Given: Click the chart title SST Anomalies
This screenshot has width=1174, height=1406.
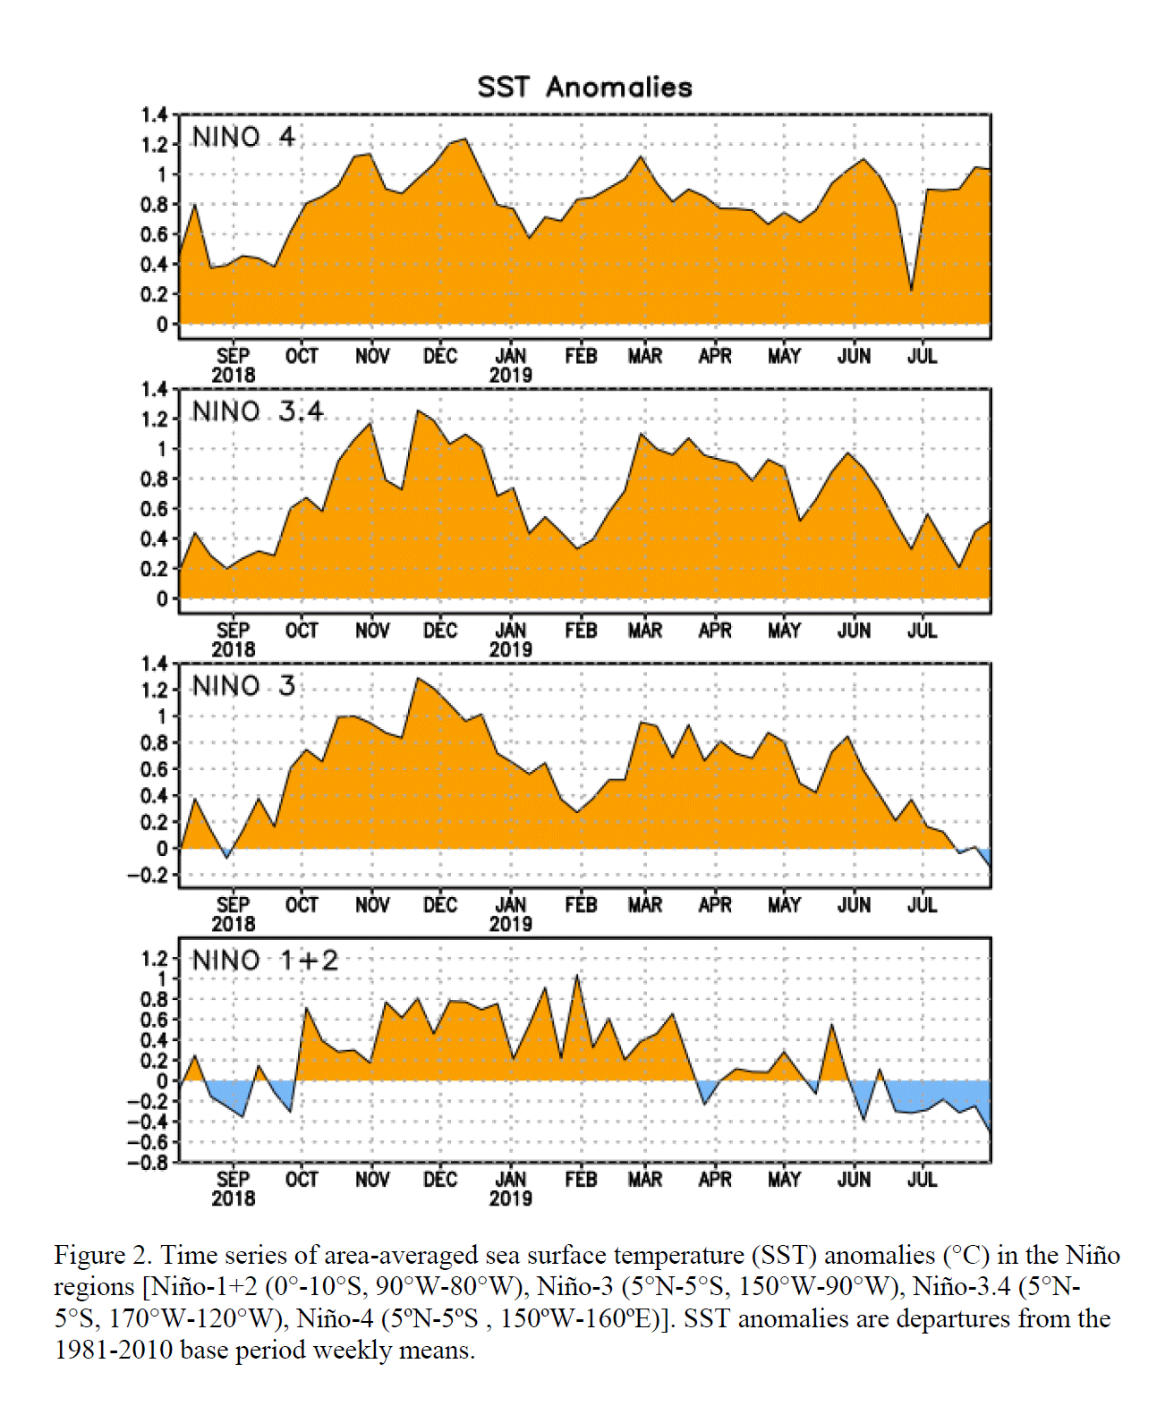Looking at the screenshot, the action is [584, 88].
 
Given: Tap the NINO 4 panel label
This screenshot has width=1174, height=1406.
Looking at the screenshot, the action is [243, 138].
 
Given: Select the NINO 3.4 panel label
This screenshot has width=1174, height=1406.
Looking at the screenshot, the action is [258, 411].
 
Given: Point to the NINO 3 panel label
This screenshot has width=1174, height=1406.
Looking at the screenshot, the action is [243, 686].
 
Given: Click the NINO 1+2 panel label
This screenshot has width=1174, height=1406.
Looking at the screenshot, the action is [265, 961].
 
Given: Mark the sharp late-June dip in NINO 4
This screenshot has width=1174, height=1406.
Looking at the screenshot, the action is [911, 291].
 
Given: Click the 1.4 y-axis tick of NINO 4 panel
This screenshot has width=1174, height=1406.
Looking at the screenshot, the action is [154, 115].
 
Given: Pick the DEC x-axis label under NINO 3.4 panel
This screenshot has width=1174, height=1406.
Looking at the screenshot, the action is [440, 631].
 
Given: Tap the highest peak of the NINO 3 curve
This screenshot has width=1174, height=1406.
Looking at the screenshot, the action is [418, 678].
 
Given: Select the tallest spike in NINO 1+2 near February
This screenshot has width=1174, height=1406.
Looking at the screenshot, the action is [576, 975].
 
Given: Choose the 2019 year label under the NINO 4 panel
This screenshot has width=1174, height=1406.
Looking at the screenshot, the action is [511, 375].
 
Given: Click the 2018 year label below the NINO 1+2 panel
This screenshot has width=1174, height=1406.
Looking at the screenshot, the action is [233, 1198].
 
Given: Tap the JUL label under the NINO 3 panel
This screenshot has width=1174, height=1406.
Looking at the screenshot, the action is [922, 905].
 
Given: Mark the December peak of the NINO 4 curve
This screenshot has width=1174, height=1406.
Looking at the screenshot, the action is [464, 140].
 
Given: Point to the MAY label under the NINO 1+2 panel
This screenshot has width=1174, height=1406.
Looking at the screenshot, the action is [784, 1180].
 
